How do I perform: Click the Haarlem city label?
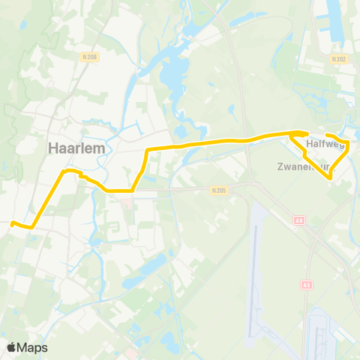pos(74,148)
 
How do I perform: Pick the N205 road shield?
pos(217,190)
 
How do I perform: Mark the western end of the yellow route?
pos(13,222)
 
